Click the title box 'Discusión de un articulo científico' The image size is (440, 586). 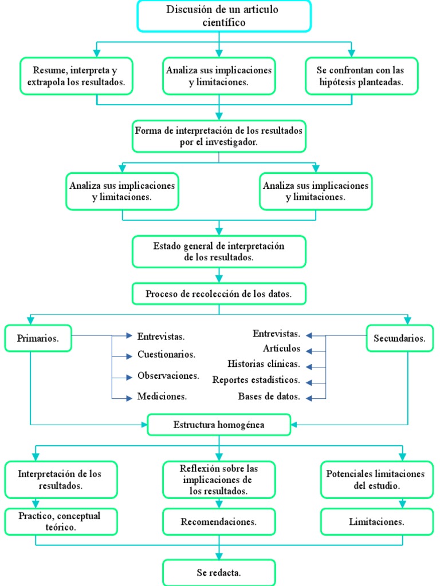click(x=223, y=16)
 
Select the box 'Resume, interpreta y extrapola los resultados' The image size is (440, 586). click(x=76, y=76)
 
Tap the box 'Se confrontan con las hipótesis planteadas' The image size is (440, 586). click(x=361, y=76)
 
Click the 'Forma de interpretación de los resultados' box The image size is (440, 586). click(x=219, y=136)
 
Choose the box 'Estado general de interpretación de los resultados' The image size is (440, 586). click(x=219, y=252)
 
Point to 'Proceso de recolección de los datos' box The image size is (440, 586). click(x=219, y=294)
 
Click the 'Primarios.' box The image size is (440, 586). click(x=38, y=338)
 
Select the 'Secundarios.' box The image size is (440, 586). click(x=399, y=338)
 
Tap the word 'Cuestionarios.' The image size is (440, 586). click(x=166, y=355)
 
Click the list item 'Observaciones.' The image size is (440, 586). click(x=168, y=376)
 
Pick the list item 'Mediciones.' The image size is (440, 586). click(x=162, y=396)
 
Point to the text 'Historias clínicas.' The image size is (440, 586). click(x=264, y=364)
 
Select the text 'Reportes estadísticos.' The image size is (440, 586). click(x=256, y=380)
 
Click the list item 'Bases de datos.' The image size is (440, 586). click(x=269, y=396)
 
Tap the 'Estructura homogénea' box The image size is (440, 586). click(x=219, y=425)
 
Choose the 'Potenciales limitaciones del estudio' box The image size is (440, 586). click(x=375, y=480)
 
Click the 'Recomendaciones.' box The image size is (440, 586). click(x=219, y=522)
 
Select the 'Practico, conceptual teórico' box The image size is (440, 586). click(x=62, y=521)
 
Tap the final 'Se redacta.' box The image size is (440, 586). click(x=219, y=572)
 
